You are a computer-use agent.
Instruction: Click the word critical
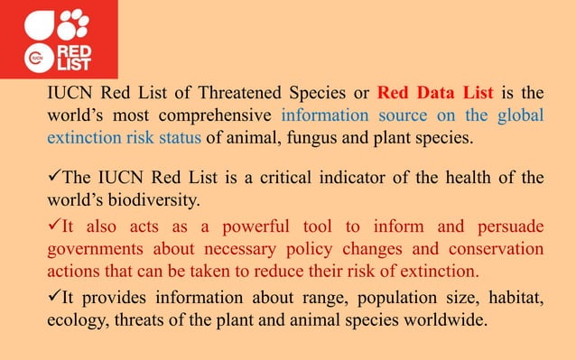pos(299,177)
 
